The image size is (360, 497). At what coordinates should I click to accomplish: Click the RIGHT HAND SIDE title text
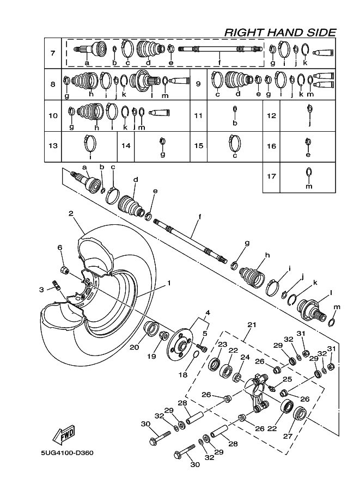coord(280,33)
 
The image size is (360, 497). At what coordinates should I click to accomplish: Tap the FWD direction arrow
coord(64,435)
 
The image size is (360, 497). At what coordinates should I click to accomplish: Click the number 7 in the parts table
coord(53,53)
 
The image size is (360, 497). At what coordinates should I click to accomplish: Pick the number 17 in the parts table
coord(272,177)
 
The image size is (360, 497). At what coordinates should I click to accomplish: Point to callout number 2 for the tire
coord(71,214)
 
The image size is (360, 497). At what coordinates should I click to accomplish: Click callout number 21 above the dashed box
coord(251,324)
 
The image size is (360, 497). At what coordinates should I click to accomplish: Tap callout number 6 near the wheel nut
coord(60,248)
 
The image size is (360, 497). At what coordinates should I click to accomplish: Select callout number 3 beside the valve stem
coord(41,290)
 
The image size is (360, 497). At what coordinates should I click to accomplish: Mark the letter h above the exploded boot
coord(267,255)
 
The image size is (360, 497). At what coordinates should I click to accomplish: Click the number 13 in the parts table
coord(53,146)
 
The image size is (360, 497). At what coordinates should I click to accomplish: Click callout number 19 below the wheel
coord(152,357)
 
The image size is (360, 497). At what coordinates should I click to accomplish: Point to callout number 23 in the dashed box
coord(222,345)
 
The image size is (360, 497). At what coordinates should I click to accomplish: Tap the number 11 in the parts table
coord(198,115)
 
